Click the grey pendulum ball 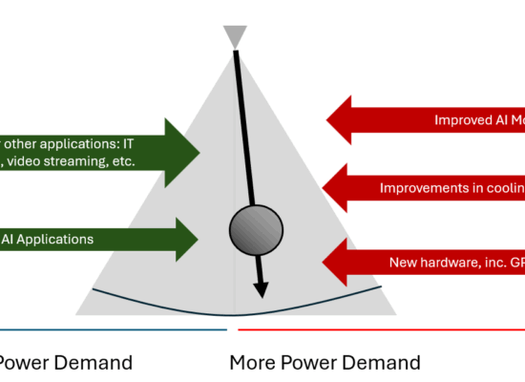tap(257, 228)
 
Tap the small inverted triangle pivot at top tap(235, 37)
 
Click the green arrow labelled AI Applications tap(95, 239)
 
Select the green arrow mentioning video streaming tap(95, 150)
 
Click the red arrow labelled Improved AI tap(430, 120)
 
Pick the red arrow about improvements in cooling tap(430, 188)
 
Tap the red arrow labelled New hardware tap(430, 262)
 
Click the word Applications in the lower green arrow tap(56, 239)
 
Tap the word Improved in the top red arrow tap(464, 120)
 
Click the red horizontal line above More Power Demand tap(382, 330)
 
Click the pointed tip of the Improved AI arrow tap(328, 120)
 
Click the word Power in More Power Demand tap(309, 363)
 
